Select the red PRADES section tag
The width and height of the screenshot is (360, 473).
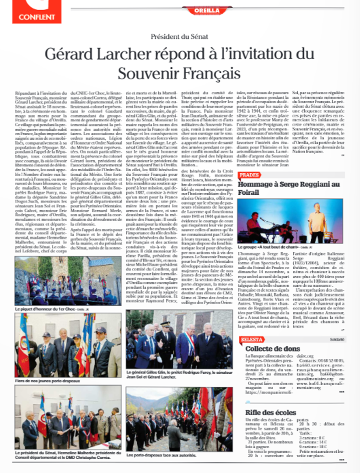coord(249,175)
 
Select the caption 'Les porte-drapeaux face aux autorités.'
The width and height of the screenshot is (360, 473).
coord(158,456)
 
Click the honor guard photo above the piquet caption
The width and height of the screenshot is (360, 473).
coord(68,281)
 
